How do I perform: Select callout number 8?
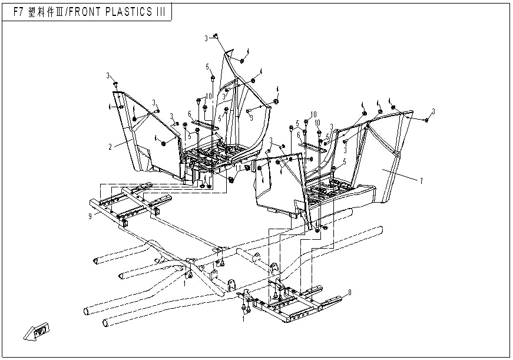click(350, 292)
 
